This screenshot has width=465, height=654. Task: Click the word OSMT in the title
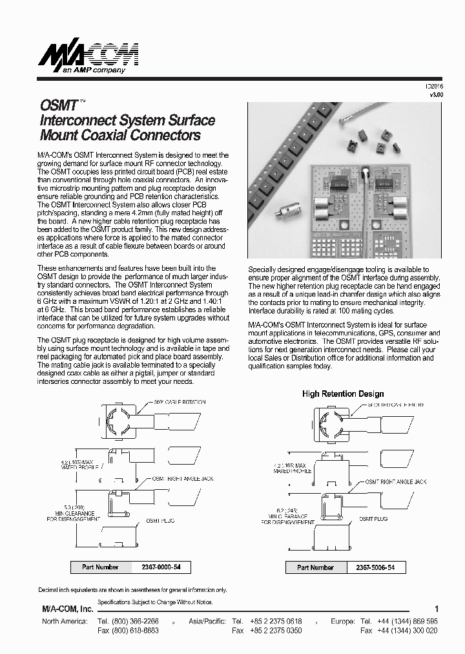click(59, 105)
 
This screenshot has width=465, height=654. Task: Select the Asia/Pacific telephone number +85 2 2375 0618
click(276, 620)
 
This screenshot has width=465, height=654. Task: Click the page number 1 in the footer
click(437, 609)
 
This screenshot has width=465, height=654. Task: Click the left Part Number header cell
click(100, 567)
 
